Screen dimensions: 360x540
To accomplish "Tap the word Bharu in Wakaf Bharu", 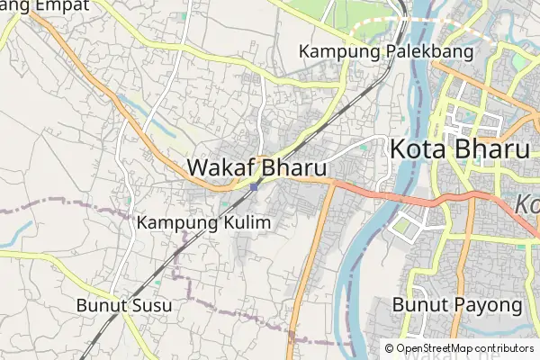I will point(293,167).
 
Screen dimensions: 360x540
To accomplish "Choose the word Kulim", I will point(247,221).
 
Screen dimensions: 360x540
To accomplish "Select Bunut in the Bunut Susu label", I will point(102,305).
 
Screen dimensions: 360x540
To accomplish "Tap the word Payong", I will point(490,305).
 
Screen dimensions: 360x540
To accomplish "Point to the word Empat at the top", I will point(62,5).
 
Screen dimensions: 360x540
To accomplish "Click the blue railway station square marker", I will point(256,187).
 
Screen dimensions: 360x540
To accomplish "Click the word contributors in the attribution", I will point(504,347).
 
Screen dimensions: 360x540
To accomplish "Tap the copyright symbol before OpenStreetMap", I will point(389,347).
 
